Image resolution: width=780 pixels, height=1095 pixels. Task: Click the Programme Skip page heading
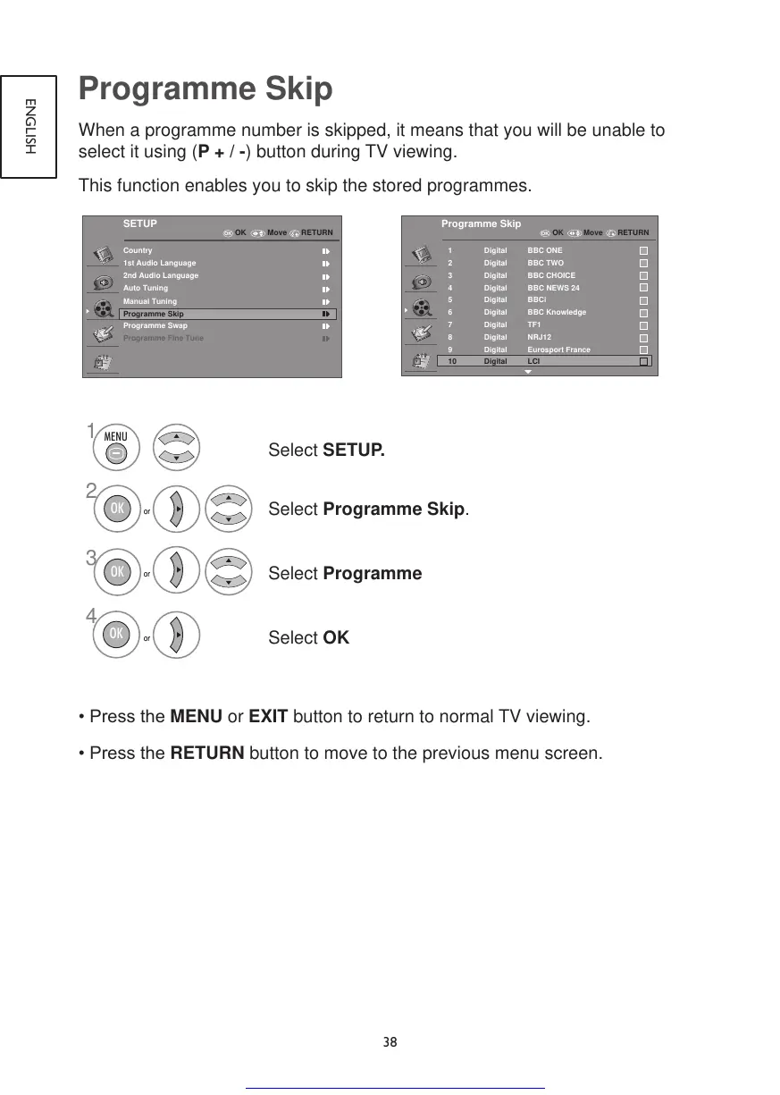pyautogui.click(x=205, y=90)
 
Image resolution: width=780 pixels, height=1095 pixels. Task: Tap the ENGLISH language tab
pyautogui.click(x=29, y=125)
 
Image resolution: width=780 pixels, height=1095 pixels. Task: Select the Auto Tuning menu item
pyautogui.click(x=146, y=289)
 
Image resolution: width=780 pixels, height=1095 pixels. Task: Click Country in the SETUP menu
pyautogui.click(x=138, y=250)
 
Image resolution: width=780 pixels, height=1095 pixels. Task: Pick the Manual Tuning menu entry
pyautogui.click(x=150, y=301)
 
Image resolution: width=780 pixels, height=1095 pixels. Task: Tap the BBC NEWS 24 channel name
pyautogui.click(x=553, y=288)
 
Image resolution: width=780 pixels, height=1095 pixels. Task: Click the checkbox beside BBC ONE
pyautogui.click(x=643, y=251)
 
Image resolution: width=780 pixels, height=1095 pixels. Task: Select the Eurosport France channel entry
pyautogui.click(x=558, y=350)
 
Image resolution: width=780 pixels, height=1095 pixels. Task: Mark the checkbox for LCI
pyautogui.click(x=643, y=362)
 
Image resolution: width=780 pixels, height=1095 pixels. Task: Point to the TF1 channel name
pyautogui.click(x=534, y=325)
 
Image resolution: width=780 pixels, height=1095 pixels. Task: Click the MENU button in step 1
pyautogui.click(x=116, y=445)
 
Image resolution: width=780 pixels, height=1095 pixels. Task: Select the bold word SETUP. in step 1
pyautogui.click(x=354, y=449)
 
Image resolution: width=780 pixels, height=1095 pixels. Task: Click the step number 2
pyautogui.click(x=90, y=490)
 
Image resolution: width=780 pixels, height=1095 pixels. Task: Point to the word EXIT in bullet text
pyautogui.click(x=267, y=717)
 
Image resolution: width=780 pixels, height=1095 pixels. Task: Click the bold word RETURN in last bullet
pyautogui.click(x=206, y=753)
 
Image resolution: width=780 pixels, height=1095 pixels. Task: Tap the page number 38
pyautogui.click(x=390, y=1042)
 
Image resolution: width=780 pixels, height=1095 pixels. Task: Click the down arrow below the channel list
pyautogui.click(x=527, y=372)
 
